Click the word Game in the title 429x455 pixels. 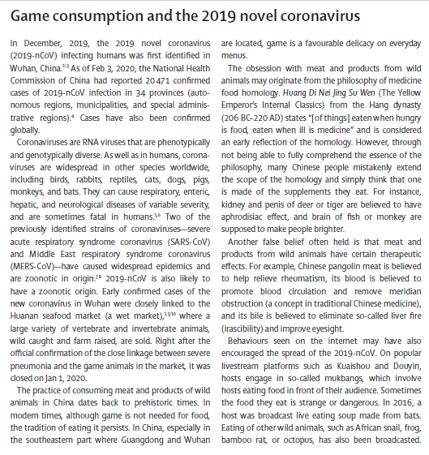click(31, 16)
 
